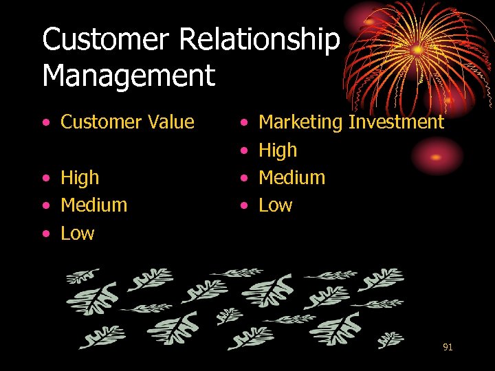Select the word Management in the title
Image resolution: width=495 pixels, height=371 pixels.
pos(129,76)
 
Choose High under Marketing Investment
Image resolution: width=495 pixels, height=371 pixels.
pos(278,150)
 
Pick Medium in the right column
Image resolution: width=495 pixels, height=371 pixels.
pos(291,177)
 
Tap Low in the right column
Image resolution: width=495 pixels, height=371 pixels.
pos(275,205)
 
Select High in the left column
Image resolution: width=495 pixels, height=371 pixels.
pos(80,177)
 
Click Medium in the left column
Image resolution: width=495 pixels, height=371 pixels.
pos(93,205)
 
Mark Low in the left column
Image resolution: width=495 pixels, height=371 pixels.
pos(77,233)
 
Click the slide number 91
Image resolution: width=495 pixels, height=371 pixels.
pos(448,348)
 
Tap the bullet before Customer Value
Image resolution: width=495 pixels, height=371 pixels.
pos(45,123)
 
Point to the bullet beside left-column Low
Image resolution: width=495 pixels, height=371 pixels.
pos(45,234)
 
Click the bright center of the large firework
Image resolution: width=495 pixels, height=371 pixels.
pos(417,49)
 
